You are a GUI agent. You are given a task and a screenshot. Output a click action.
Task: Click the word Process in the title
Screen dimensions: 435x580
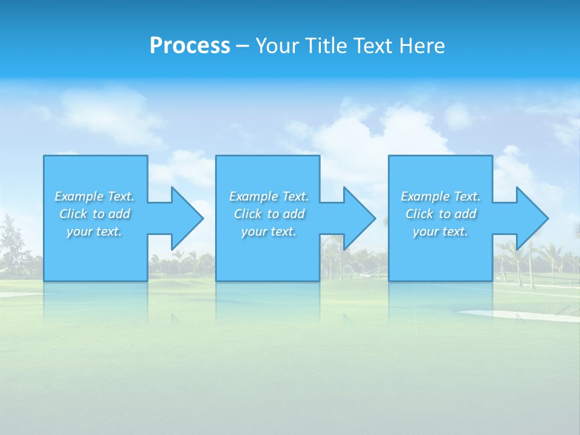(x=190, y=45)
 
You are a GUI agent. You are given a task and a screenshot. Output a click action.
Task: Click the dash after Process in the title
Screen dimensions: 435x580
(x=242, y=46)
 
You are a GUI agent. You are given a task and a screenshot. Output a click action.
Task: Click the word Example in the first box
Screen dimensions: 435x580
(x=79, y=196)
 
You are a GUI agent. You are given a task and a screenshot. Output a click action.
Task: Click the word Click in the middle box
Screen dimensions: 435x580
(x=247, y=214)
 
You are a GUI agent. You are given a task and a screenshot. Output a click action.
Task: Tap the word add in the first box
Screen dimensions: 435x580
(x=119, y=214)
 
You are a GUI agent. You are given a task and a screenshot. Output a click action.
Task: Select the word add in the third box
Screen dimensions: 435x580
(x=465, y=214)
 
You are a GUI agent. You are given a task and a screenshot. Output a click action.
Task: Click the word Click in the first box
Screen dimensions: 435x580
(x=72, y=214)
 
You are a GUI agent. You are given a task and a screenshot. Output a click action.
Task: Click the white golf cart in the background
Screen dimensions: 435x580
(x=365, y=275)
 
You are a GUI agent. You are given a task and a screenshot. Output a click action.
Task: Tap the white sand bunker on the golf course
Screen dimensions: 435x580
(x=520, y=315)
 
